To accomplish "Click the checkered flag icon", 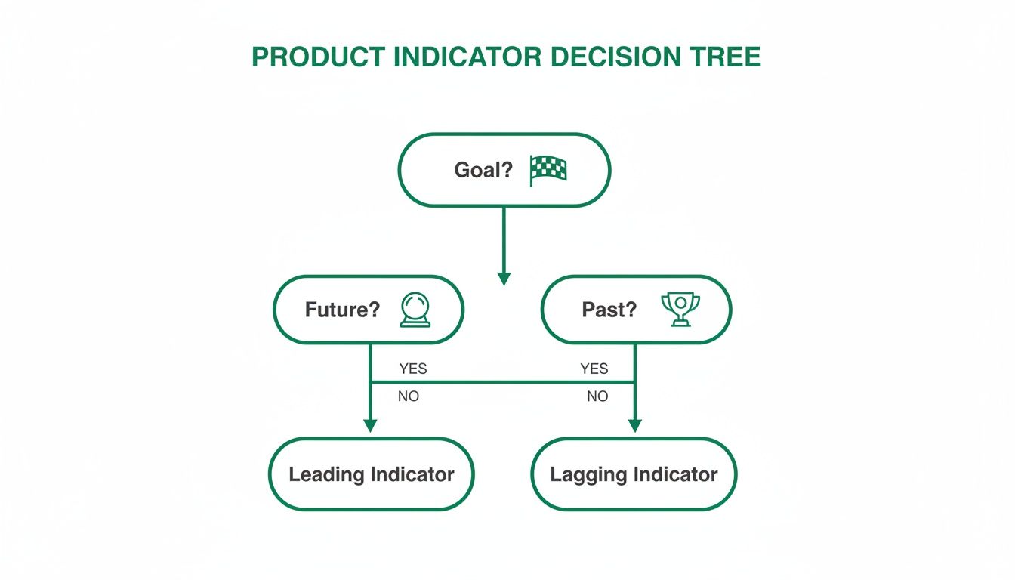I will point(548,171).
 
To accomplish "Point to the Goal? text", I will point(483,171).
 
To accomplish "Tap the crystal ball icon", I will point(415,310).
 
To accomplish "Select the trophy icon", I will point(680,310).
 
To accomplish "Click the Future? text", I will point(342,310).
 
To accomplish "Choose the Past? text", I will point(609,310).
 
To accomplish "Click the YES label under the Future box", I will point(412,369).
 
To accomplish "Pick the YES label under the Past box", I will point(594,369).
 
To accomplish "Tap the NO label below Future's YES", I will point(408,396).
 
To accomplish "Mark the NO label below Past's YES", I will point(597,396).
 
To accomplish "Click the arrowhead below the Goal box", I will point(504,279).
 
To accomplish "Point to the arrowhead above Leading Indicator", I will point(370,425).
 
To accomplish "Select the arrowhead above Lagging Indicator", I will point(634,425).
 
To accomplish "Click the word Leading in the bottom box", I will point(326,474).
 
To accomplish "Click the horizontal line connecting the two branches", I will point(502,382).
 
